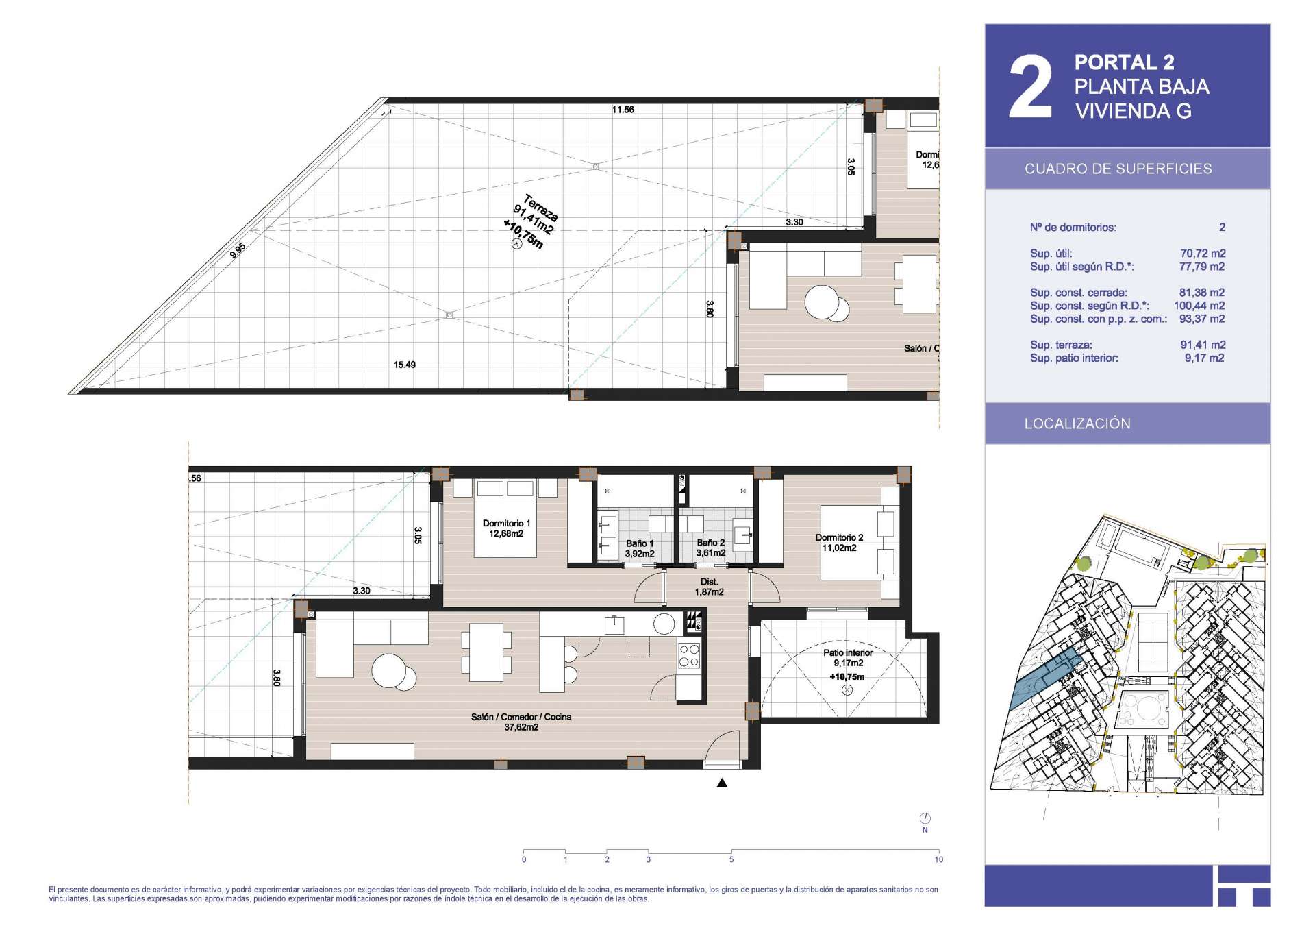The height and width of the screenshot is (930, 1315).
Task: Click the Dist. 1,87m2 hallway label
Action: (710, 587)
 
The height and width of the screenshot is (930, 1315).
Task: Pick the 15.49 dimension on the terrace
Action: (405, 365)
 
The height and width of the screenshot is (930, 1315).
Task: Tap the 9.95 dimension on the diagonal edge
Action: (238, 250)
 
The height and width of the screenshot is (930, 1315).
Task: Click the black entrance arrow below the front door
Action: (722, 783)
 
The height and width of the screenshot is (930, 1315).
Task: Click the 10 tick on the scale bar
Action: (938, 859)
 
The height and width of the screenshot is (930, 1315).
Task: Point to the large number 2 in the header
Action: (1030, 87)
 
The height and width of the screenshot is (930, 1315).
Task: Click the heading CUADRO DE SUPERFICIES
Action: (1118, 169)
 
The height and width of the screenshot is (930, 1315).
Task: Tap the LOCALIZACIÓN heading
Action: (1077, 424)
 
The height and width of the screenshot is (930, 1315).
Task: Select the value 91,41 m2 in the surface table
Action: (1203, 345)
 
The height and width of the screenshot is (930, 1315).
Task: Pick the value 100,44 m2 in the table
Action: (1199, 306)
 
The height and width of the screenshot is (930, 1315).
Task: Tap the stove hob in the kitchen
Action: (689, 655)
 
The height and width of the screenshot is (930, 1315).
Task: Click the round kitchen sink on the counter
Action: (664, 624)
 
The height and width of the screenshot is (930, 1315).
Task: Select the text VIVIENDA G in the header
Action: (1134, 111)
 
